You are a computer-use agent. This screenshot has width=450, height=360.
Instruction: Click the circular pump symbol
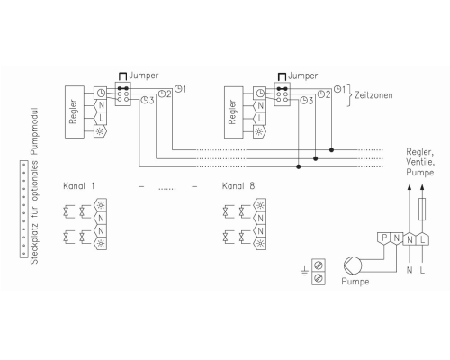(353, 265)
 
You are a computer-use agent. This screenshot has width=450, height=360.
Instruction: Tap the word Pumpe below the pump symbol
(355, 282)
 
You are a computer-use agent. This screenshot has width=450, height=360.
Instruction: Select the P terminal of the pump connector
(383, 239)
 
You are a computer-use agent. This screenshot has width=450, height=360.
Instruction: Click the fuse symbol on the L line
(422, 209)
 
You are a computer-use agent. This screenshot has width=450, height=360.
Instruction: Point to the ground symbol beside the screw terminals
(304, 271)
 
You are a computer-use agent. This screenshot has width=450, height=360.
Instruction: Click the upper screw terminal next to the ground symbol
(319, 265)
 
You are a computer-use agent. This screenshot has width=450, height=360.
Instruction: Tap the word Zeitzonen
(373, 95)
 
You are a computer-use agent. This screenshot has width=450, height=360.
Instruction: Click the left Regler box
(75, 112)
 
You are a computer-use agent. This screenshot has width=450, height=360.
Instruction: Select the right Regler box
(234, 112)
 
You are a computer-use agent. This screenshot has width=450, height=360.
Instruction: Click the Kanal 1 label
(79, 186)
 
